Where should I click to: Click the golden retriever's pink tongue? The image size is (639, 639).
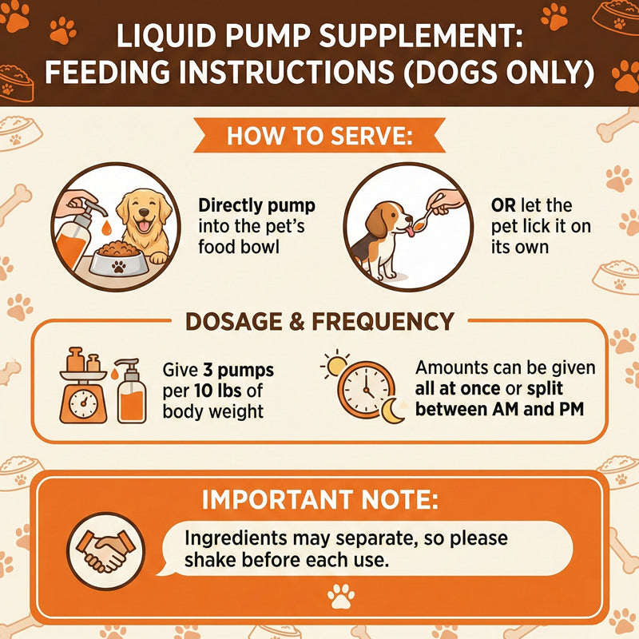click(144, 225)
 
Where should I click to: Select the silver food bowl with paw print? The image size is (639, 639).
click(117, 261)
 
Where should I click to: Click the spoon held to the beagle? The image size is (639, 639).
click(425, 216)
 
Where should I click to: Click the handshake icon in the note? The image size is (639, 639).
click(105, 550)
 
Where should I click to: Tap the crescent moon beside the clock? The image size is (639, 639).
click(391, 411)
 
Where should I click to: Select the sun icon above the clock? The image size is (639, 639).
click(335, 365)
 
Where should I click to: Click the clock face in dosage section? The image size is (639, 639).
click(366, 389)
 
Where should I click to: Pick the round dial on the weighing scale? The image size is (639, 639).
click(84, 404)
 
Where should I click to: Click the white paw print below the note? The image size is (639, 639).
click(341, 596)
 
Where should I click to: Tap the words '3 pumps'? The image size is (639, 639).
click(238, 371)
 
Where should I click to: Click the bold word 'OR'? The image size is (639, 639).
click(503, 206)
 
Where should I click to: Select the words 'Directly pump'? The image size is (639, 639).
click(256, 206)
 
